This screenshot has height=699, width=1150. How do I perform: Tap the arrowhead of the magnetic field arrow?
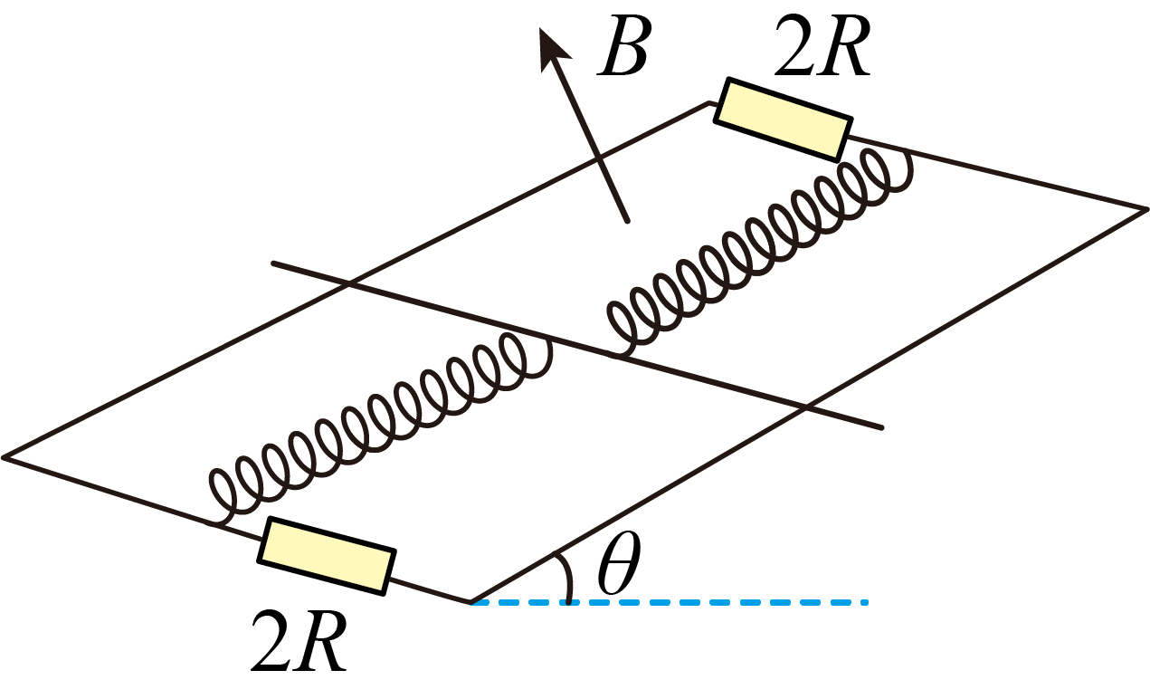pos(553,46)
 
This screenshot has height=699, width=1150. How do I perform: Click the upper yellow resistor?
pos(784,120)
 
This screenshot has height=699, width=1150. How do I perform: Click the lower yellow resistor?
pos(327,556)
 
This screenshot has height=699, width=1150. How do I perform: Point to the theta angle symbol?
pos(619,562)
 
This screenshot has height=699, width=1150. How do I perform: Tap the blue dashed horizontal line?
pos(669,602)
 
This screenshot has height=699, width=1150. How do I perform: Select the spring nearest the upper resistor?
pos(760,252)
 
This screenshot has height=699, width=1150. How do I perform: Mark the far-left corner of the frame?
pos(3,456)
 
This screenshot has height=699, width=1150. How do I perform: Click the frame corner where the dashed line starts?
pos(470,601)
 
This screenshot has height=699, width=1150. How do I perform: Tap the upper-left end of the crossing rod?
pos(273,263)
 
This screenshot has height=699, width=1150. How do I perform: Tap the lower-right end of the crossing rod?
pos(881,427)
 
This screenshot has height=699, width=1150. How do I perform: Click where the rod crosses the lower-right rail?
pos(804,407)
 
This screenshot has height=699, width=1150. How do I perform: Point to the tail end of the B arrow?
pos(627,221)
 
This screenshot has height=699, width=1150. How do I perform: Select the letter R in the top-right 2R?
pos(845,46)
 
